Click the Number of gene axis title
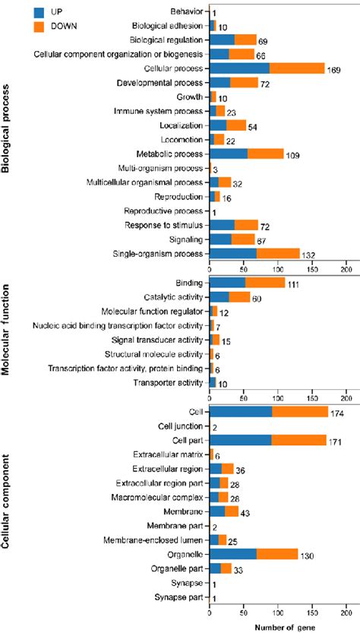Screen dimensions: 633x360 point(277,625)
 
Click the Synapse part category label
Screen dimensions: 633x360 point(175,598)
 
